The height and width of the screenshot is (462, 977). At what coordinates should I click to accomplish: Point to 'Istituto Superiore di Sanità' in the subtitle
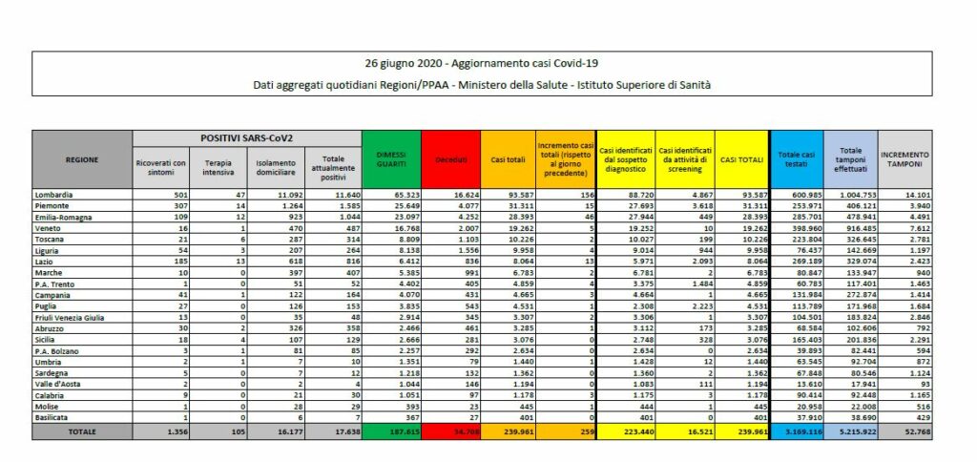click(x=645, y=85)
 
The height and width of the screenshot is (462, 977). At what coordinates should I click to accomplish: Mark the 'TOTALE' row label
click(x=83, y=431)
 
